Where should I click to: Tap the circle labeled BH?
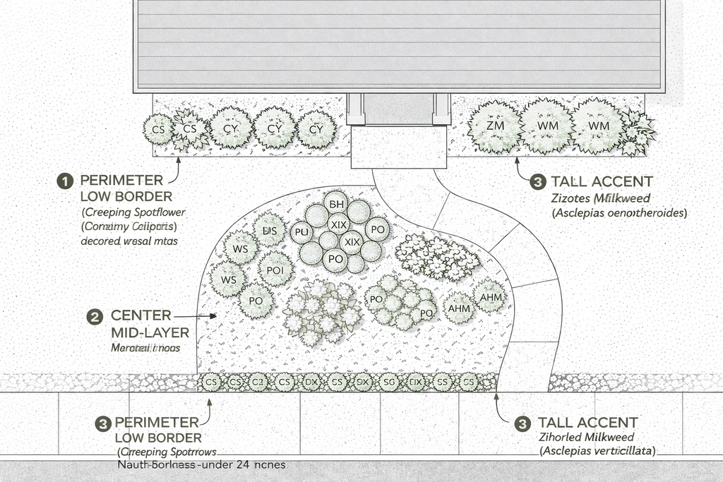click(337, 203)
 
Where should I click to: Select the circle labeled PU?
click(302, 231)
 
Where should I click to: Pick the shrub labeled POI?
click(275, 270)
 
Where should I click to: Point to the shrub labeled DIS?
click(270, 231)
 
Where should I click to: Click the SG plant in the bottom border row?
click(387, 382)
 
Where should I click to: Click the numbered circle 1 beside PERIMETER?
click(64, 181)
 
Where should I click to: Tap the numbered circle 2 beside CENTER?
click(95, 316)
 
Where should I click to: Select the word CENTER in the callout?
click(141, 315)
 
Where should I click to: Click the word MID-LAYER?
click(150, 332)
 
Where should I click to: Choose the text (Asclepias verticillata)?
click(597, 450)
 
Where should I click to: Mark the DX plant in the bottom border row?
click(311, 382)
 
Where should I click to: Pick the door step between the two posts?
click(398, 110)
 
